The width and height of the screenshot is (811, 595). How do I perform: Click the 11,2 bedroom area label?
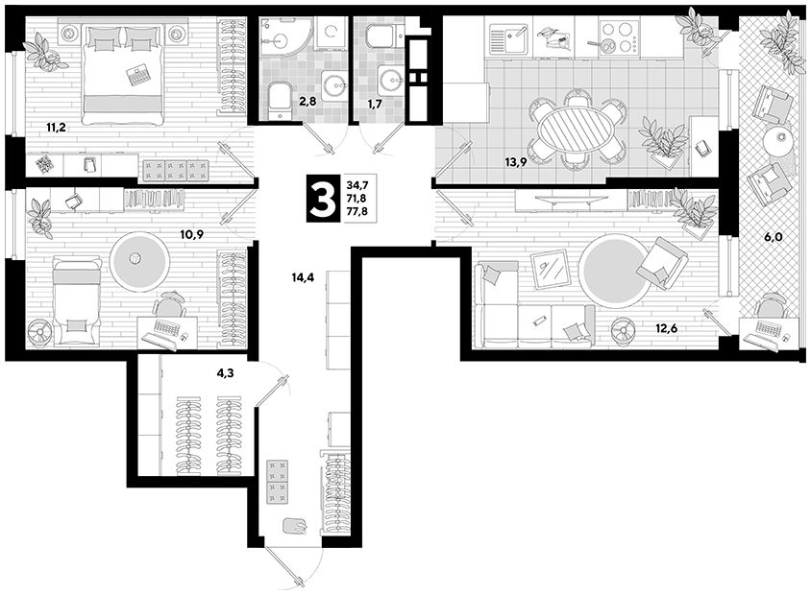pyautogui.click(x=56, y=128)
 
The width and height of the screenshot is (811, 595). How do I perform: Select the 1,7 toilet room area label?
pyautogui.click(x=375, y=105)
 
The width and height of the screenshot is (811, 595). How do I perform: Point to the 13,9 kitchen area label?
pyautogui.click(x=516, y=163)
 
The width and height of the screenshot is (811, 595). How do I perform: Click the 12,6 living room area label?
pyautogui.click(x=666, y=327)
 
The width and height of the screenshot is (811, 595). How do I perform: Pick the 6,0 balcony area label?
pyautogui.click(x=774, y=237)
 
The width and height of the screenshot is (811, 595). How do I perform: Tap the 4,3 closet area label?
pyautogui.click(x=226, y=372)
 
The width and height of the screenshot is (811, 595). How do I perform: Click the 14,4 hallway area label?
pyautogui.click(x=303, y=277)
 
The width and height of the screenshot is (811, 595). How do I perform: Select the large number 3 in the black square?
pyautogui.click(x=323, y=199)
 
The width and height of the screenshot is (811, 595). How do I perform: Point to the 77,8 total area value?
pyautogui.click(x=357, y=211)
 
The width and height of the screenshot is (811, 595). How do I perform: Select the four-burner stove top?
pyautogui.click(x=617, y=37)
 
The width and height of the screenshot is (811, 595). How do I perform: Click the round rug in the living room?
pyautogui.click(x=614, y=269)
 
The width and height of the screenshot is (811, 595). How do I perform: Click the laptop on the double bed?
pyautogui.click(x=137, y=75)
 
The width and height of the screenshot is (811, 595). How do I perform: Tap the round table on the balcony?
pyautogui.click(x=777, y=139)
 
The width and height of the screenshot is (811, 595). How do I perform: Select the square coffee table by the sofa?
pyautogui.click(x=551, y=269)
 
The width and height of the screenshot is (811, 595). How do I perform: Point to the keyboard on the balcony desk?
pyautogui.click(x=766, y=327)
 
